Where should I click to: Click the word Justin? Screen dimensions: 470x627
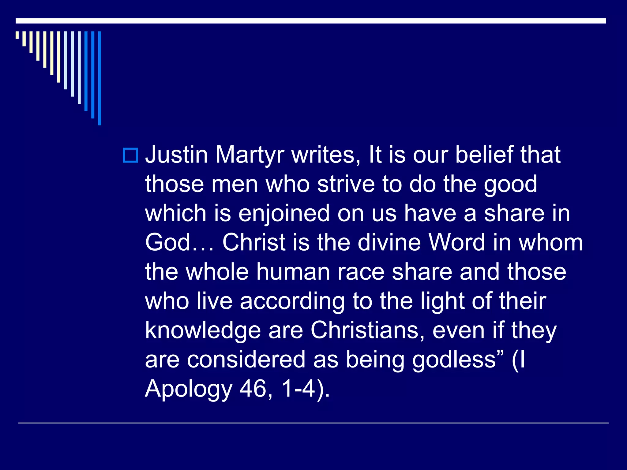click(x=177, y=155)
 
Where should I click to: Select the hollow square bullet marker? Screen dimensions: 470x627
click(x=130, y=155)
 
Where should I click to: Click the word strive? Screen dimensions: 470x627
click(x=346, y=184)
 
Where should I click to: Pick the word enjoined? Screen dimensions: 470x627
click(x=284, y=214)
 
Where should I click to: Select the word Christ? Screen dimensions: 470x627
click(x=254, y=243)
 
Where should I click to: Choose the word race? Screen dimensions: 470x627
click(x=361, y=272)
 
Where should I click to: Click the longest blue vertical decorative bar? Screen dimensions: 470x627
click(x=99, y=78)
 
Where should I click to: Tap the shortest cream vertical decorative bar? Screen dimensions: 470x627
click(x=17, y=35)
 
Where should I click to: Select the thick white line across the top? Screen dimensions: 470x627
click(x=311, y=21)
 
